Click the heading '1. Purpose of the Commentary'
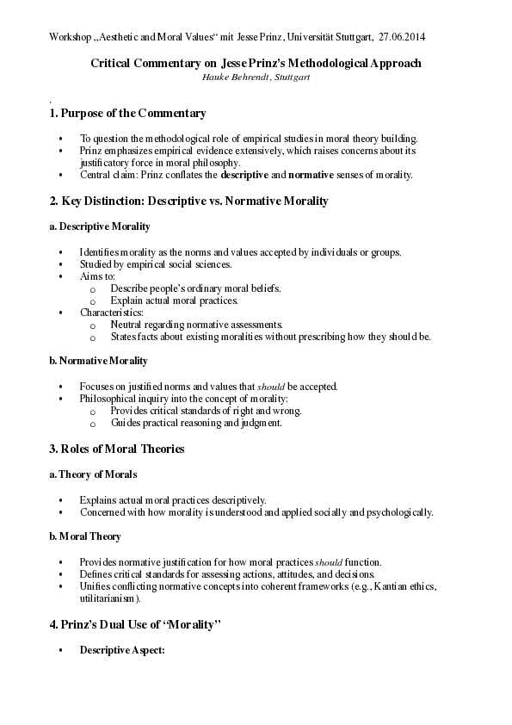(127, 114)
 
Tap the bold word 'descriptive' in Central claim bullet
(253, 175)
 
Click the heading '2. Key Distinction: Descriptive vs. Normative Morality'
(188, 201)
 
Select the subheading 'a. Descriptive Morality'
(99, 226)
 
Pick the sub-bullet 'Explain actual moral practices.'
(174, 301)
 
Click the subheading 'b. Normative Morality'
(98, 361)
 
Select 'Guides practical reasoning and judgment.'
(195, 423)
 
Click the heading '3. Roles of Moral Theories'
(117, 449)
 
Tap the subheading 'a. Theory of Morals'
(93, 474)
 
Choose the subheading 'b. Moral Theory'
(85, 536)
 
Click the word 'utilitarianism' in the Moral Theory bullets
(108, 598)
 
